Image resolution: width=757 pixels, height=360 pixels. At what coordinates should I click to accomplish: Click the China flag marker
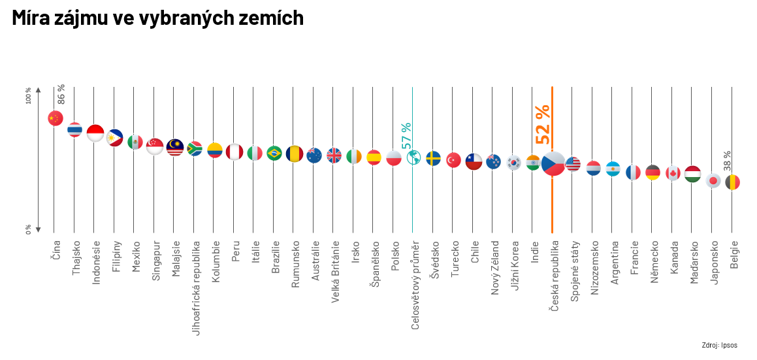coord(56,118)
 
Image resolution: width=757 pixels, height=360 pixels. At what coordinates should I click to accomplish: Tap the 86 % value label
coord(61,94)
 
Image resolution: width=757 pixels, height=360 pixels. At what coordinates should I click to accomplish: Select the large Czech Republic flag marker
coord(553,163)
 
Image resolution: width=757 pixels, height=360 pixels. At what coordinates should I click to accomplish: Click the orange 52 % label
coord(543,124)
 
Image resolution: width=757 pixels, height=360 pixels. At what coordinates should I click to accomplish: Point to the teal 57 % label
coord(406,135)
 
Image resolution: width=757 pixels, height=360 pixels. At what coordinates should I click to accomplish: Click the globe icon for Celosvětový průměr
coord(413,157)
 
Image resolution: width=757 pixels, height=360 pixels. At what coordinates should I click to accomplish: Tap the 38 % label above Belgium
coord(727,161)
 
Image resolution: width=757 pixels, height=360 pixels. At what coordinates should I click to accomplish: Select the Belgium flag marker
coord(732,182)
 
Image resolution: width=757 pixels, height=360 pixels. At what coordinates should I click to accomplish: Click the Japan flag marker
coord(713,181)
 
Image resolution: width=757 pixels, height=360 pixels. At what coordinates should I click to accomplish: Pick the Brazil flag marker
coord(274,153)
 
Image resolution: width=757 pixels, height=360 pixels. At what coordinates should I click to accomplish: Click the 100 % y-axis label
coord(29,95)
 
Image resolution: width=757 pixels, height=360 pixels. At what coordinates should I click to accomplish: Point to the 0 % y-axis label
coord(29,229)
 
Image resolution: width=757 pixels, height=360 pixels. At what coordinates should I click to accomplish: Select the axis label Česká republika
coord(554,276)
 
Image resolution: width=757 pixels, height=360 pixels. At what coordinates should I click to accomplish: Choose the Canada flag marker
coord(673,173)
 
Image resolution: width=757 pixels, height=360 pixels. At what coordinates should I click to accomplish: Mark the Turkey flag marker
coord(454,159)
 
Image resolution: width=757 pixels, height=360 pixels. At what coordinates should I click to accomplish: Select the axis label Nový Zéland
coord(494,268)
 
